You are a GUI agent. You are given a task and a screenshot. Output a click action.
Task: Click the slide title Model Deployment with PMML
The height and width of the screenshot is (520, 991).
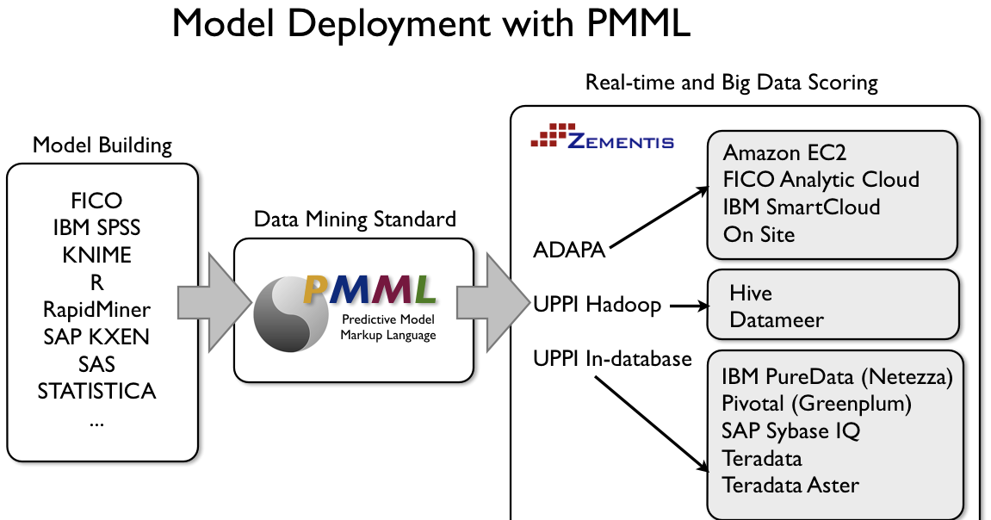tap(430, 23)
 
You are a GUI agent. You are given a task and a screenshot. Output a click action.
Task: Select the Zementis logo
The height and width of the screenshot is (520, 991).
tap(603, 139)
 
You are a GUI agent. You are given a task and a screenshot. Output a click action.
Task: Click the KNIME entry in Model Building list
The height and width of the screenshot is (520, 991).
tap(96, 256)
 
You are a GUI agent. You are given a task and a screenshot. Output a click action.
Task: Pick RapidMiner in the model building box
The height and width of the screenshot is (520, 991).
tap(96, 310)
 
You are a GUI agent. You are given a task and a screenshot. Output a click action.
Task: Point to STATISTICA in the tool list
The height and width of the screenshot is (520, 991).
tap(96, 392)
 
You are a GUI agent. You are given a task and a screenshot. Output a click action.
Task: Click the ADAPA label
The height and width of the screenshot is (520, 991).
tap(569, 251)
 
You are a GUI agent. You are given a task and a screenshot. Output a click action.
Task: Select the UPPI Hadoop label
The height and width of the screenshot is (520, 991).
tap(597, 305)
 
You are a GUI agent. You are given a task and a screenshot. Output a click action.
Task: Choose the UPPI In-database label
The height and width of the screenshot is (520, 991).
tap(612, 357)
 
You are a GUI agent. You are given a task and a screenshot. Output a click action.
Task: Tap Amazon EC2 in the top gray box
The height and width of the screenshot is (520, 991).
tap(784, 152)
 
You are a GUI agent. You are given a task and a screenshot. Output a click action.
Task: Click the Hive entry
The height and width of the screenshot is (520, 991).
tap(750, 293)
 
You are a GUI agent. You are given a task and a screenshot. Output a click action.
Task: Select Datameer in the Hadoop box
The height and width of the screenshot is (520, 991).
tap(776, 319)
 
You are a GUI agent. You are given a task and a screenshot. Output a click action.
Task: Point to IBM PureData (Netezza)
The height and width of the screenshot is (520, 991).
tap(837, 376)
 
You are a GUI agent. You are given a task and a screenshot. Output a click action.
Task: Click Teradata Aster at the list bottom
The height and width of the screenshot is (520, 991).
tap(790, 485)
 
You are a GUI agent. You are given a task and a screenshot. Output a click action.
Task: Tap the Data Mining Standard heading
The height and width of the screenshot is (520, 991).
tap(355, 220)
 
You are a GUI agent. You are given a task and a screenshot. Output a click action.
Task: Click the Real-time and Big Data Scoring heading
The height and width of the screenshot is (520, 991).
tap(731, 83)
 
